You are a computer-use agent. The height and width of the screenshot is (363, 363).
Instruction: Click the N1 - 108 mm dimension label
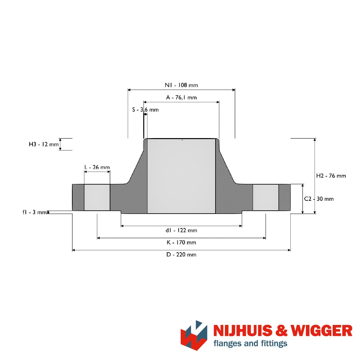coord(181,85)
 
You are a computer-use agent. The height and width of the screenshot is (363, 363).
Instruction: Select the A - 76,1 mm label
coord(181,97)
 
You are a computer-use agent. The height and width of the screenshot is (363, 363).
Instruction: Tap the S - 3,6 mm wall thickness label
coord(146,110)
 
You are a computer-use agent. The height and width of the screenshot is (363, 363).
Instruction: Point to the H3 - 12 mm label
coord(44,145)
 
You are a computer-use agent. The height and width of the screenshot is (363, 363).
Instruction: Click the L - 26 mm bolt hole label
coord(97,167)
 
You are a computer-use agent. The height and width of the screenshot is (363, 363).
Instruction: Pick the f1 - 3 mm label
coord(35,212)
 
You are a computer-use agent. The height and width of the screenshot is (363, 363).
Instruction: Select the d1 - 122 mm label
coord(181,230)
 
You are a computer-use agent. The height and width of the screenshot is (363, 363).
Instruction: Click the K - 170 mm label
coord(181,243)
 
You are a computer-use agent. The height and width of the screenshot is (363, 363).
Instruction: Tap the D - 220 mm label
coord(181,255)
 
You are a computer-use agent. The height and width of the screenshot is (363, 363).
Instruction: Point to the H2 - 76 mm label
coord(331,176)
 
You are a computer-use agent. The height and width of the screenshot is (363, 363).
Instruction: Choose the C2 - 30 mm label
coord(319,199)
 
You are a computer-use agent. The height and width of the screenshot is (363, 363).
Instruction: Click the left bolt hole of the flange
coord(97,197)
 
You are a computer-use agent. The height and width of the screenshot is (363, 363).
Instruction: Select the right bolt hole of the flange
coord(266,197)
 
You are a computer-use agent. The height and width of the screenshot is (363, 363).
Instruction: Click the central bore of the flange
coord(181,176)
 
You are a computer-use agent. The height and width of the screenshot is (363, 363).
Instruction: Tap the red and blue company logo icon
coord(194,335)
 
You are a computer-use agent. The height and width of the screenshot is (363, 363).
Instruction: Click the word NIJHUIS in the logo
coord(243,331)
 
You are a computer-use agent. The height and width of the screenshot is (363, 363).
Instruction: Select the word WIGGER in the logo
coord(322,331)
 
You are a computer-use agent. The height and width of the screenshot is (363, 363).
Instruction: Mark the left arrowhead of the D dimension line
coord(74,250)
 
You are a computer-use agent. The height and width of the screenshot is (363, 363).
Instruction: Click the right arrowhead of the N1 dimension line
coord(234,90)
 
